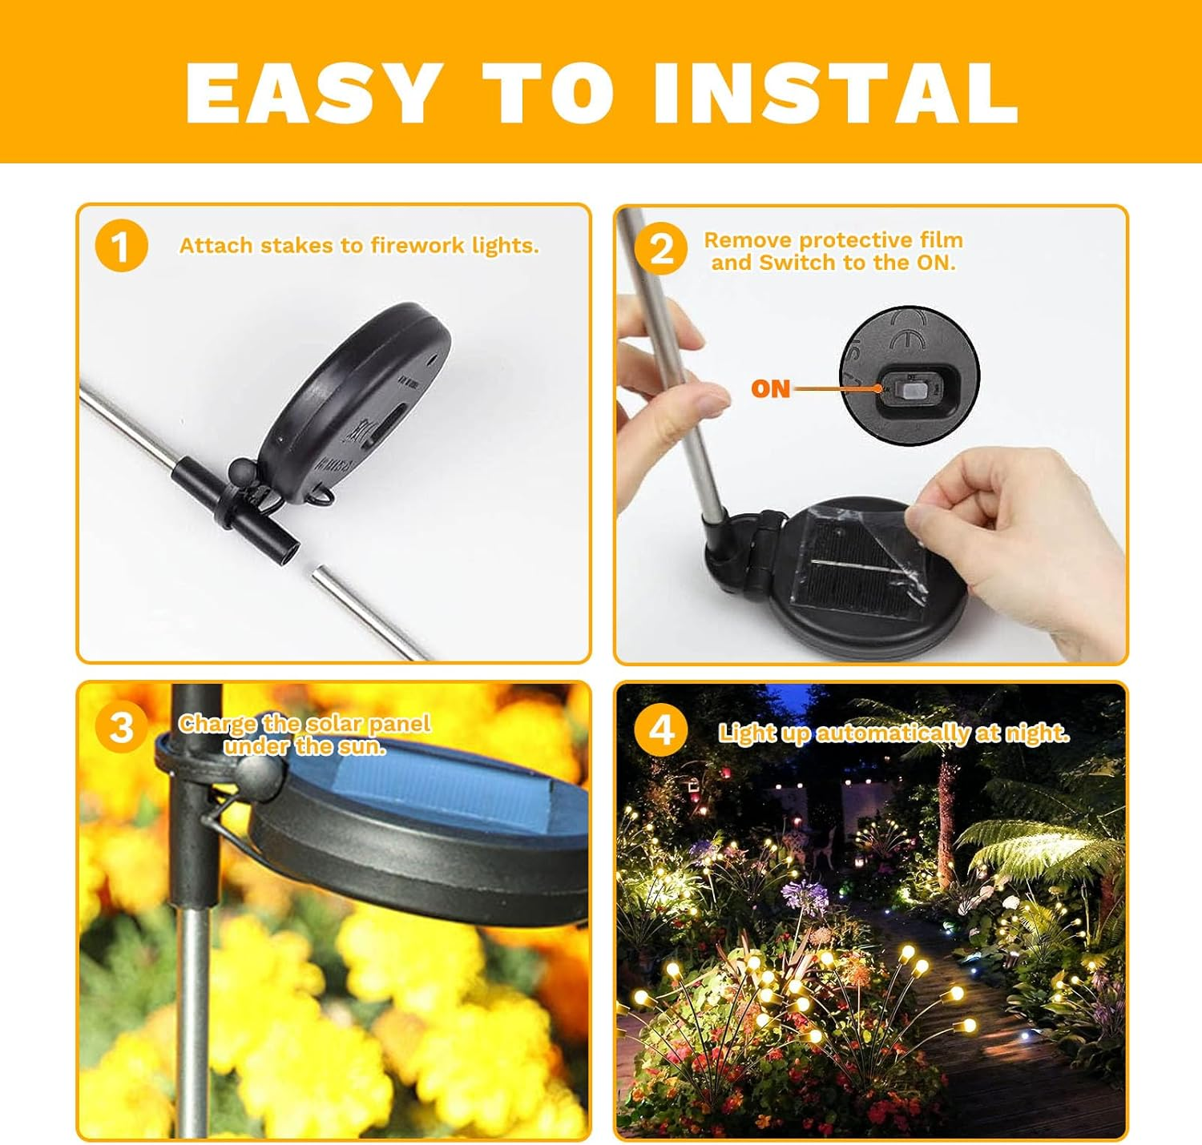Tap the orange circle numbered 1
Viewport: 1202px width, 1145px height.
tap(121, 246)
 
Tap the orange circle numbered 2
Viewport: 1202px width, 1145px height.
tap(660, 248)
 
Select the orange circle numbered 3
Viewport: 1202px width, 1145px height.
tap(121, 727)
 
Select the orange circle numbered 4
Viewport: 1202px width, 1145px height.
tap(660, 730)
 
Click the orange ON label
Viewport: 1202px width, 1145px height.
tap(770, 389)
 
